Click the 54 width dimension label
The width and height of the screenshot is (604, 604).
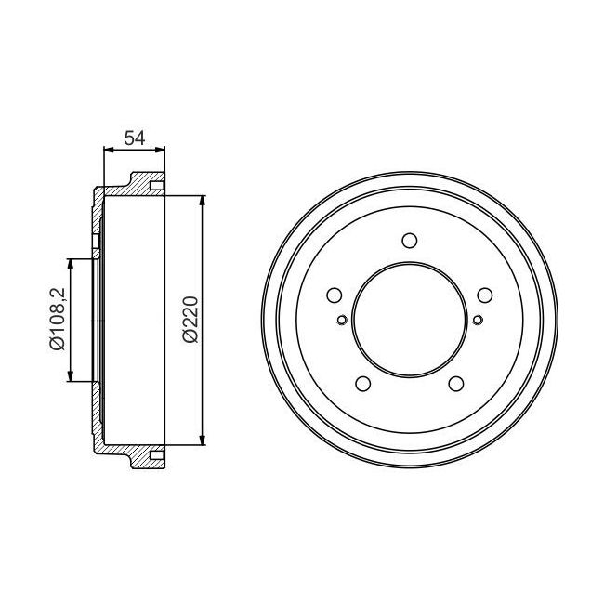point(135,138)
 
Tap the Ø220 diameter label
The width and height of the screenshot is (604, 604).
point(190,320)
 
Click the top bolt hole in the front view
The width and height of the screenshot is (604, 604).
point(410,241)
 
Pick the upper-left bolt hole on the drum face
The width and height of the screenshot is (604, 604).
point(335,295)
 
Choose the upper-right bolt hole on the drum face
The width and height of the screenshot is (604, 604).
point(485,295)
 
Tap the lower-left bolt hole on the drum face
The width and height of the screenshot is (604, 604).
point(362,384)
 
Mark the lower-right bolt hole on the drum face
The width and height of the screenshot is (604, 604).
point(456,384)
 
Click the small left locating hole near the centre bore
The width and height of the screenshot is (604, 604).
point(342,320)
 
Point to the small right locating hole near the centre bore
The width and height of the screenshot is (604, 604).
point(478,320)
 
